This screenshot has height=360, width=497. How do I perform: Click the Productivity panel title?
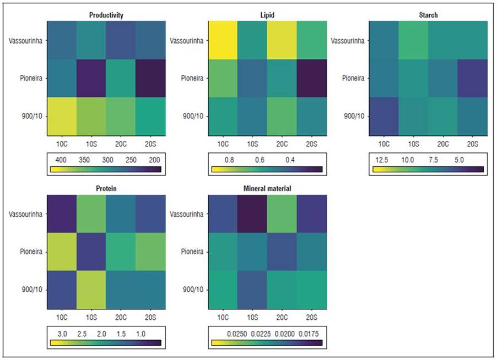click(x=106, y=15)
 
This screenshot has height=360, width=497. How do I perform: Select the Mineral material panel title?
click(x=267, y=188)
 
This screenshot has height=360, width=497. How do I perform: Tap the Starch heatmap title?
click(x=428, y=15)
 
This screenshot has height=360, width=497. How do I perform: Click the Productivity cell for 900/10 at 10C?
click(x=61, y=116)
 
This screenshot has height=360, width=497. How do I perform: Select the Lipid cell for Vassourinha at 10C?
click(x=223, y=40)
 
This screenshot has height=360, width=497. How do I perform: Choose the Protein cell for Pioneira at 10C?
click(x=61, y=252)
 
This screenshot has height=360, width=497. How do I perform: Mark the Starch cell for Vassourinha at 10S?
click(x=413, y=40)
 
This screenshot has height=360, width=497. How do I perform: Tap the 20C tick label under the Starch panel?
click(x=442, y=144)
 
